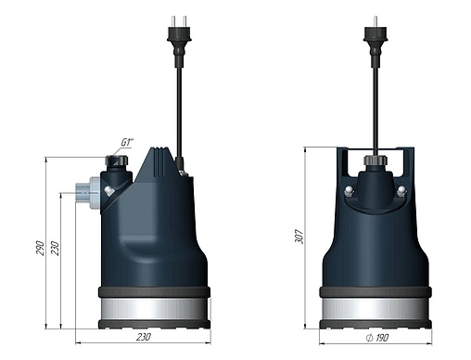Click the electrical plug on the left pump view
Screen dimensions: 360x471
click(177, 36)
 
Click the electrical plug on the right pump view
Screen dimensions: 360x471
click(375, 36)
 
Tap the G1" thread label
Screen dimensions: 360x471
click(128, 143)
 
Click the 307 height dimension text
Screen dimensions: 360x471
click(299, 238)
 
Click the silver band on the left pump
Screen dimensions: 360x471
click(153, 307)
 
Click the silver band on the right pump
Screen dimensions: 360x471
click(375, 307)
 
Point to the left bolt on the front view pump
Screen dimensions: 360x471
click(349, 191)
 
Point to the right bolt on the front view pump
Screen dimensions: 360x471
click(401, 191)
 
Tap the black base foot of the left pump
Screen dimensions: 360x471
click(153, 324)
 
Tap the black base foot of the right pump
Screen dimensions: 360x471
click(375, 324)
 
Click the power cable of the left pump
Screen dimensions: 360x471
click(177, 102)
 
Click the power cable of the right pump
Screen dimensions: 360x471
click(375, 102)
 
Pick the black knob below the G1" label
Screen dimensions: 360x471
click(117, 161)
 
